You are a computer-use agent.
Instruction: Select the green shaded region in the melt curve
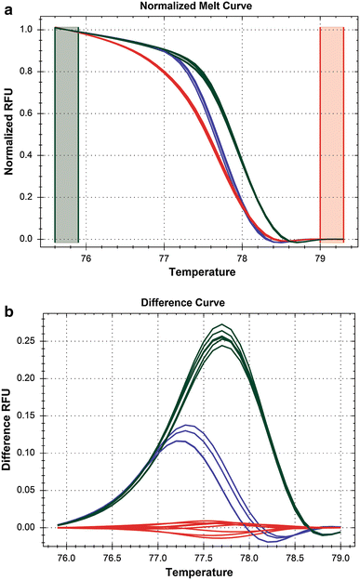(x=67, y=135)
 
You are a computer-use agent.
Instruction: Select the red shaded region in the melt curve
(x=332, y=135)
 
